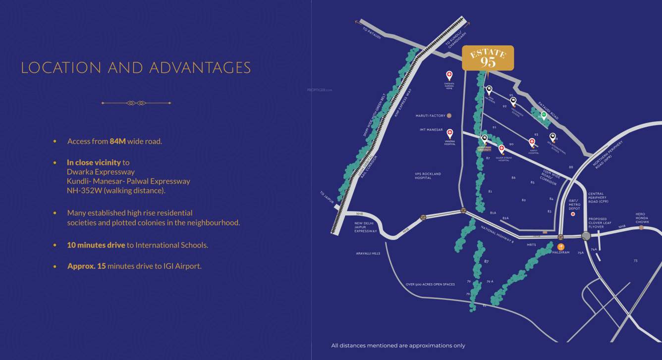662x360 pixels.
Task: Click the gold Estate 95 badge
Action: pos(488,58)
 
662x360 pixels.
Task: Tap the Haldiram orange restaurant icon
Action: pos(561,247)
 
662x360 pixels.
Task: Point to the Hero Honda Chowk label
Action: pos(642,218)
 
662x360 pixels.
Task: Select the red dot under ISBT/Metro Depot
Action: pos(573,214)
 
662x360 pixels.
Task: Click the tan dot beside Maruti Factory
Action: pos(449,116)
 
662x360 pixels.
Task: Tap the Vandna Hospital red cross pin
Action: pos(450,133)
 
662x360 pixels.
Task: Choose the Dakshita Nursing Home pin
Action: pos(449,75)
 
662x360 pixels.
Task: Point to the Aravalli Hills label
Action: pos(368,253)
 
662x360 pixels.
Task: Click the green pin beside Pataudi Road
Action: pos(544,116)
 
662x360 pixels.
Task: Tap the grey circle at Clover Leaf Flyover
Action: pos(586,236)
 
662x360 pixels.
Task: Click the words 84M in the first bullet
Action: pos(118,142)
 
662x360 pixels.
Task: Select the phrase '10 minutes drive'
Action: pos(96,245)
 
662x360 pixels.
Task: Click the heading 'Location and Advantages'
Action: pos(136,68)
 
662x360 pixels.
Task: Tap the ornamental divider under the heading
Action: pos(136,103)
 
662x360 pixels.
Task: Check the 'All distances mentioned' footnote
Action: pos(398,346)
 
